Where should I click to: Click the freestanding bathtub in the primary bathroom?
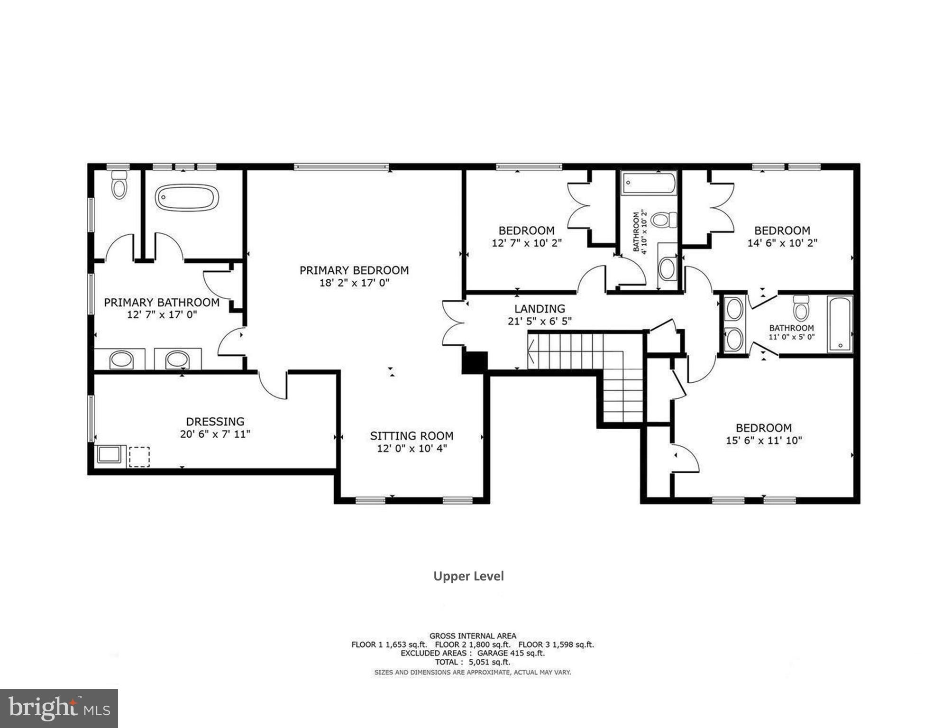187,197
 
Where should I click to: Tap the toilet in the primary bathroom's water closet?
119,186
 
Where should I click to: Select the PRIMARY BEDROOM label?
354,270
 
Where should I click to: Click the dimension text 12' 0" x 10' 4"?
412,448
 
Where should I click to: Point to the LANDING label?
540,309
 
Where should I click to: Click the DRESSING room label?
215,421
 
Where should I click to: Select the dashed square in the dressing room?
139,456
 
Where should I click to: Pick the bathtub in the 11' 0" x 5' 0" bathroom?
840,323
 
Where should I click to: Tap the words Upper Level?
468,576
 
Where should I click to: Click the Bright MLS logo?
59,708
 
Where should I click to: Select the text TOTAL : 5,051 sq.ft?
472,662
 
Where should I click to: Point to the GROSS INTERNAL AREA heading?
473,636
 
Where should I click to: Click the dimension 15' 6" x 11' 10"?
763,440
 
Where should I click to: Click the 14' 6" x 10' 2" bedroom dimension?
782,243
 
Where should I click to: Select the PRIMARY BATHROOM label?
162,302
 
